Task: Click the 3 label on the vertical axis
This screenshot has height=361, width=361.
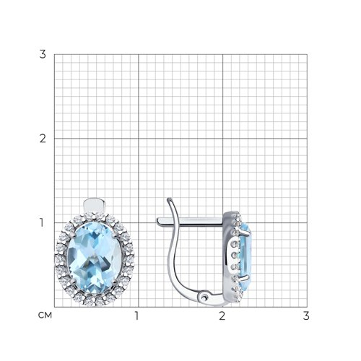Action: (x=43, y=54)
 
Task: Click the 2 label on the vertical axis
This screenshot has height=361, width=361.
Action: (x=43, y=139)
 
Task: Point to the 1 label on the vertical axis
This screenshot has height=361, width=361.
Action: (x=42, y=222)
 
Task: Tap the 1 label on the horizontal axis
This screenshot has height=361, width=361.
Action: (x=137, y=316)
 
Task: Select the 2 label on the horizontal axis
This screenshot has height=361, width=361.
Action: (x=222, y=316)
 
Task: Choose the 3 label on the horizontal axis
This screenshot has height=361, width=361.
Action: (x=306, y=316)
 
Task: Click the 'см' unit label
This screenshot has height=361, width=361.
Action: (x=45, y=316)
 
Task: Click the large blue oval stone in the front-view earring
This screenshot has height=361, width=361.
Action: (x=94, y=258)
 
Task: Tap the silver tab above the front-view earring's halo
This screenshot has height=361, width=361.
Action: (x=95, y=205)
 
